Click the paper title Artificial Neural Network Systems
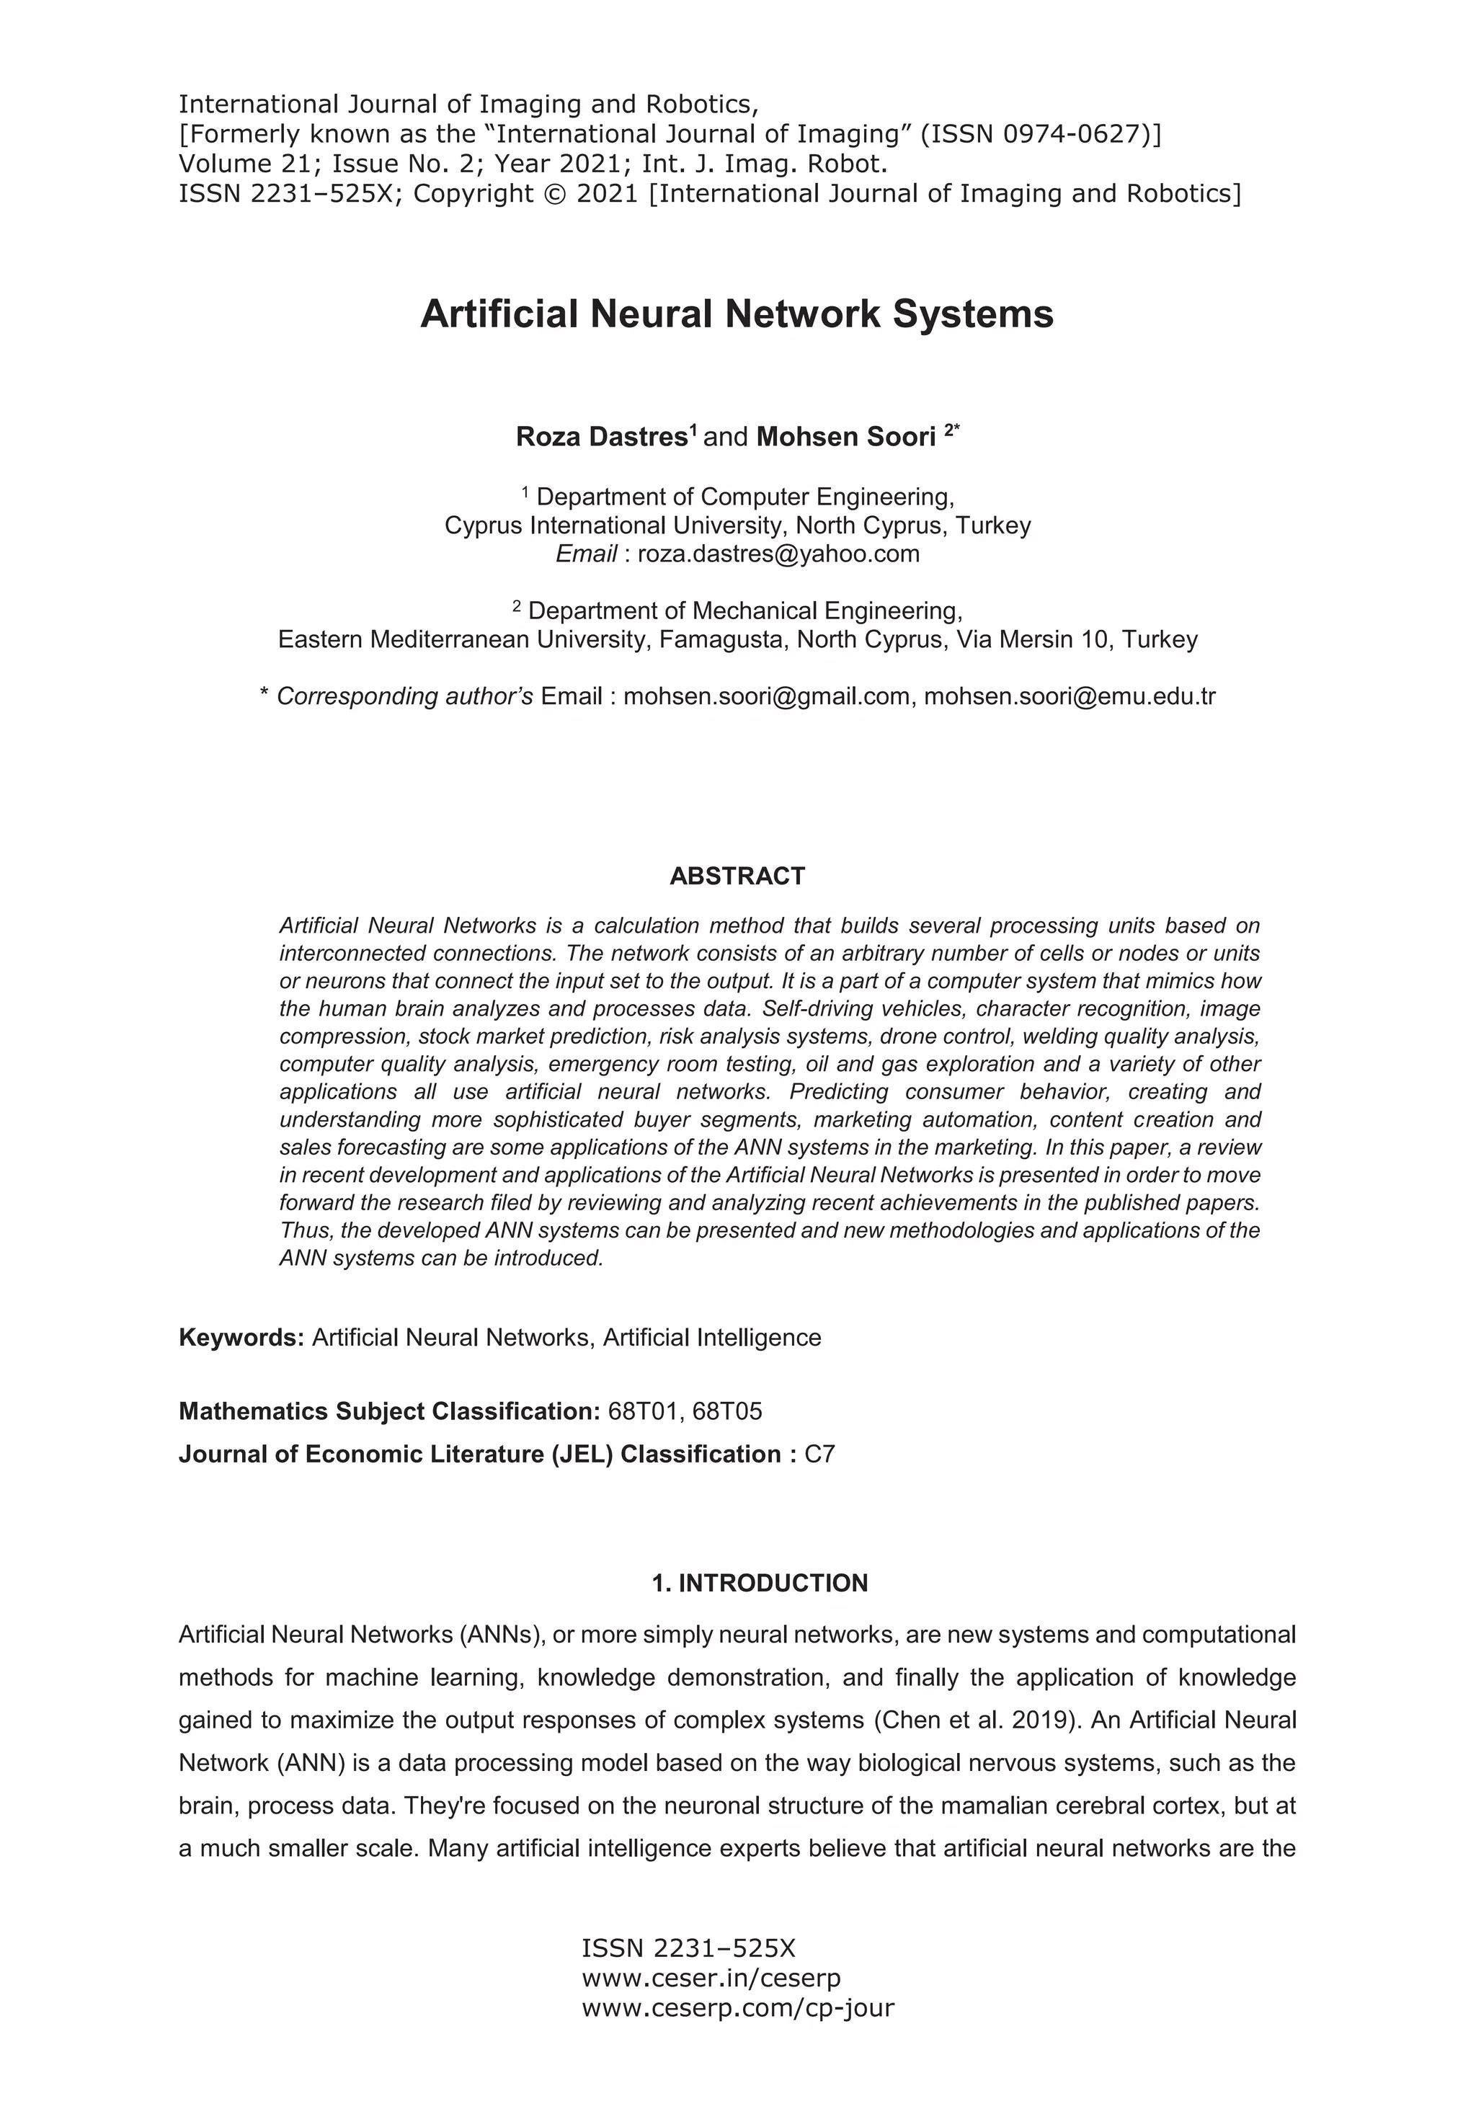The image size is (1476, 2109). click(737, 314)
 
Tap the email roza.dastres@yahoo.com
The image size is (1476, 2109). click(778, 554)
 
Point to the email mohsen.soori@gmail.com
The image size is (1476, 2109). click(766, 696)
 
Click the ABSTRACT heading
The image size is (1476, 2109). click(737, 876)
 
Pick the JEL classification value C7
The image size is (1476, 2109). click(819, 1454)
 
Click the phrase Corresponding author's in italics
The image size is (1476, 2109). click(404, 696)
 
